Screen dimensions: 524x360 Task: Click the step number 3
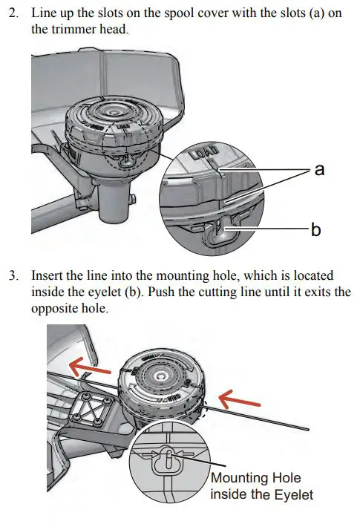(x=13, y=275)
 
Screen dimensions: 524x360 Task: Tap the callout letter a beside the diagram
(x=319, y=170)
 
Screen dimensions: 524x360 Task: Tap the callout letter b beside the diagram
(x=316, y=230)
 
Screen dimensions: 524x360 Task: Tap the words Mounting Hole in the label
(x=256, y=478)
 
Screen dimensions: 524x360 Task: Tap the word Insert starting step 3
(x=47, y=275)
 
